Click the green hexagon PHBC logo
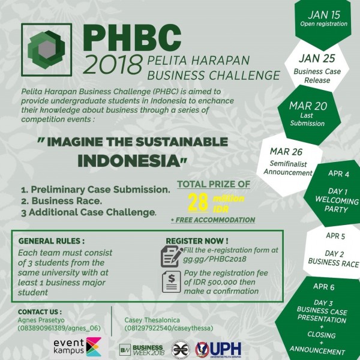click(48, 52)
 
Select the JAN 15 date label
click(323, 13)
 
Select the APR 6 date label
click(325, 287)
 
